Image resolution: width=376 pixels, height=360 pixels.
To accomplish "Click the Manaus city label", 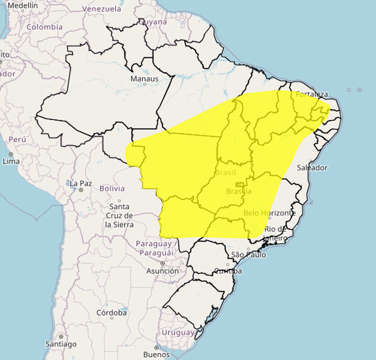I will click(144, 79).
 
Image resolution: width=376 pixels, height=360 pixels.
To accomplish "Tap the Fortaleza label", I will click(312, 94).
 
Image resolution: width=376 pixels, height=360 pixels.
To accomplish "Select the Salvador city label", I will click(312, 168).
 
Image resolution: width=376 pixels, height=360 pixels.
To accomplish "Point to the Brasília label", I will click(239, 191).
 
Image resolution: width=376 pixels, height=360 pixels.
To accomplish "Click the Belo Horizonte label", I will click(269, 213).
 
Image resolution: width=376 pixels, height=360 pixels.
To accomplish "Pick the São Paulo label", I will click(248, 255).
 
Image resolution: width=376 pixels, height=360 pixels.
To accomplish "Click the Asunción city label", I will click(162, 271).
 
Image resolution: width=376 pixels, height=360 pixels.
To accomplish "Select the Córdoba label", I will click(112, 313).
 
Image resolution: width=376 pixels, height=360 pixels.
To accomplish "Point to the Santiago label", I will click(61, 344).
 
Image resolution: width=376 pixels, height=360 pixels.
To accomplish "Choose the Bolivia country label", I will click(112, 188).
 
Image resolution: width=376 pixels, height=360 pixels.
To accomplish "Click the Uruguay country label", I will click(178, 333).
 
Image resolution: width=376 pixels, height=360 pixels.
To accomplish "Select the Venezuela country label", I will click(102, 9).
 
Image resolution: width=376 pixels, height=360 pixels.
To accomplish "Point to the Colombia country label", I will click(45, 27).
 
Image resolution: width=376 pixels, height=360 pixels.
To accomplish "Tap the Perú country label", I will click(17, 139).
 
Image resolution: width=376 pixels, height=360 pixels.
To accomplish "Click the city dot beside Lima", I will click(11, 154).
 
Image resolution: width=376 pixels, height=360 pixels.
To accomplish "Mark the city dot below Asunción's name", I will click(163, 263).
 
